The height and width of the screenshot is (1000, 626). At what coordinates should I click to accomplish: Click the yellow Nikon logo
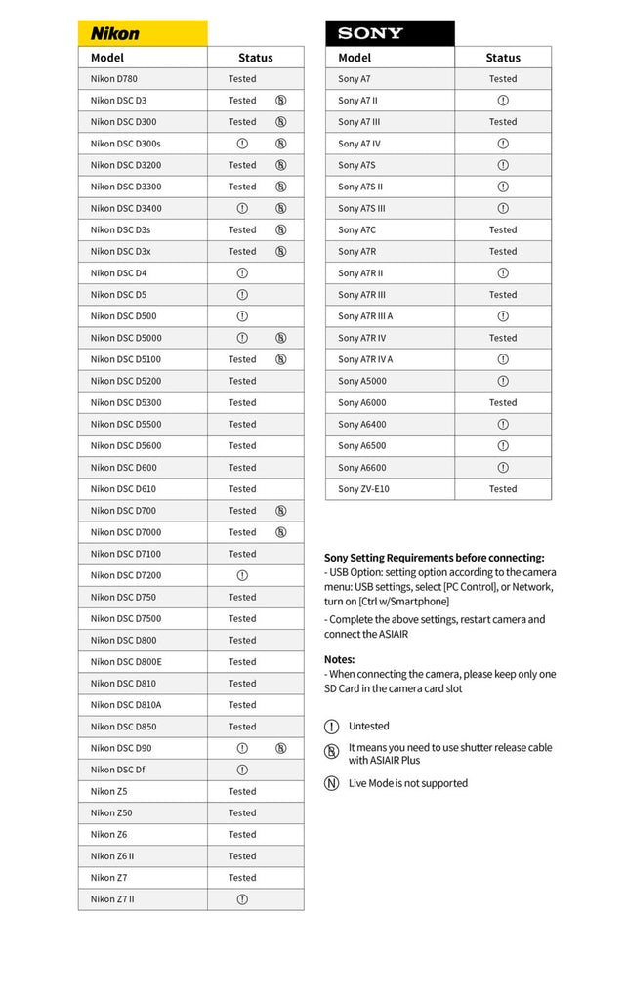[115, 33]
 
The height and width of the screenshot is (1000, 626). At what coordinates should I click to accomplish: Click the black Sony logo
[370, 33]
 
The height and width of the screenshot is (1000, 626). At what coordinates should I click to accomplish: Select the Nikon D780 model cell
[115, 79]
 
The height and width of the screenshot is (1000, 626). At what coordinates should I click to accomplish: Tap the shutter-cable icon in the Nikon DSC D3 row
[281, 101]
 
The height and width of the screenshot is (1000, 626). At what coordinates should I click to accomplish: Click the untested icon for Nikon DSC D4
[242, 273]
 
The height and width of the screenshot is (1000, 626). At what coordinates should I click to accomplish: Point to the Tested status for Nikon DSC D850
[242, 727]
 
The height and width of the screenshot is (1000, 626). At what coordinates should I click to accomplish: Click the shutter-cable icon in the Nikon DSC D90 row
[281, 748]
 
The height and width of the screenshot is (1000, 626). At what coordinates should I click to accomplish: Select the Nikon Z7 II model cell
[112, 899]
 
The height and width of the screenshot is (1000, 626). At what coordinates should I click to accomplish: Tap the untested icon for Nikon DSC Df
[242, 770]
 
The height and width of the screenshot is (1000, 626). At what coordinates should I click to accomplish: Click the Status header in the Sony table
[503, 58]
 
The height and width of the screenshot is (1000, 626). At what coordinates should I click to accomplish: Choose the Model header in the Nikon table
[107, 58]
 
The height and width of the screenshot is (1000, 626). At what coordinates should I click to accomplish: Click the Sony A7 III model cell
[359, 122]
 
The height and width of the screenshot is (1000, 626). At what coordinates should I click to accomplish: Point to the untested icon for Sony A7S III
[503, 208]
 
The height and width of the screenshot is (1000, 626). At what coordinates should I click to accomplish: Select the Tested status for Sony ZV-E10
[503, 489]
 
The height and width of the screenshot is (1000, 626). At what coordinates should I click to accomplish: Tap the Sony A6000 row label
[362, 402]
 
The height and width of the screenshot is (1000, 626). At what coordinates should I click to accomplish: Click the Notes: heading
[340, 659]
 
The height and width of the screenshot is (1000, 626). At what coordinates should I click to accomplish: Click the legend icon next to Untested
[332, 727]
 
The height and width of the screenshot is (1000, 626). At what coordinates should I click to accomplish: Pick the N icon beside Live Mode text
[332, 783]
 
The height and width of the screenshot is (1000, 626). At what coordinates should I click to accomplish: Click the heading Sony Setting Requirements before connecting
[435, 558]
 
